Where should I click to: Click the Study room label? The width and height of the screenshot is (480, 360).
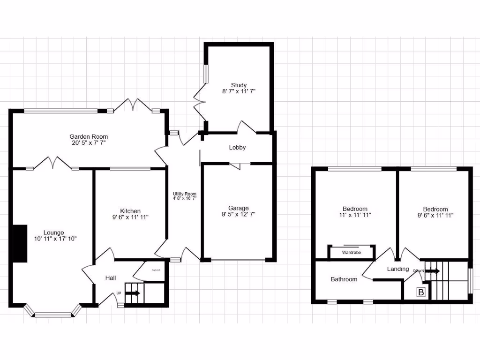click(238, 85)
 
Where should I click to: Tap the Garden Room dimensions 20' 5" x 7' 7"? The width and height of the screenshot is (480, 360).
click(86, 143)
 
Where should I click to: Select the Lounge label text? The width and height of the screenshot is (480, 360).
click(54, 232)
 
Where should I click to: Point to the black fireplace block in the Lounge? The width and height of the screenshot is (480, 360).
click(20, 243)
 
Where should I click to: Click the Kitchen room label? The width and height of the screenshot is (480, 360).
click(130, 211)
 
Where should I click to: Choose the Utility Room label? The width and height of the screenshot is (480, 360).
click(184, 194)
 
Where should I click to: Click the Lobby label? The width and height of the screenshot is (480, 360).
click(237, 147)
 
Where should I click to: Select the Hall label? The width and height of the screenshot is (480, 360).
click(111, 278)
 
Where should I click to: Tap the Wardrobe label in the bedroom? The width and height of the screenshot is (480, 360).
click(352, 252)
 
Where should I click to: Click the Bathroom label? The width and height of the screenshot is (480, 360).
click(344, 279)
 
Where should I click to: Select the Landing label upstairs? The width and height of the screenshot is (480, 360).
click(397, 269)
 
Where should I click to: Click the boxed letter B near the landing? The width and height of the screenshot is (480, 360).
click(421, 292)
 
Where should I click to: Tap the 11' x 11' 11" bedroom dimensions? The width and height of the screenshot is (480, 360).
click(355, 215)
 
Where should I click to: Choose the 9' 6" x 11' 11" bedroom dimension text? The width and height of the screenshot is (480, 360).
click(435, 215)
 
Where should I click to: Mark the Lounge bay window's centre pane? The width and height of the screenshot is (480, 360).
click(53, 315)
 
